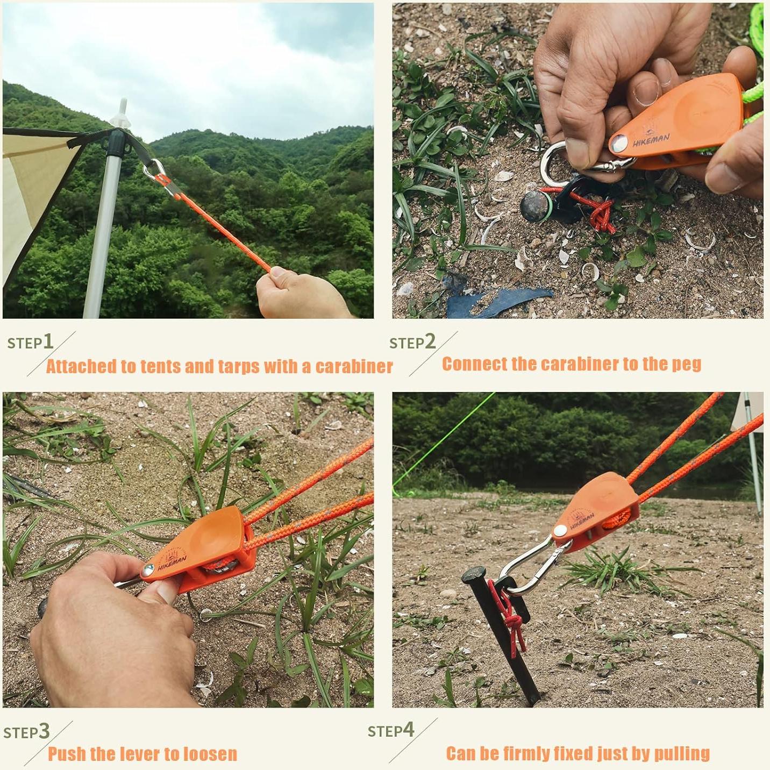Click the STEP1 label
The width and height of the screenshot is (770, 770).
(x=30, y=342)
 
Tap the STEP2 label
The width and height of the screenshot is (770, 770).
(x=412, y=342)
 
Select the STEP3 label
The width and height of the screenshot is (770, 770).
(x=26, y=732)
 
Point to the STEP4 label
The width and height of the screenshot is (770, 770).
(x=391, y=730)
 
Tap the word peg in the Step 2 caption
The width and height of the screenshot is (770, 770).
(x=686, y=365)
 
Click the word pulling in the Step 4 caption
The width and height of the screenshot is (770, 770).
(x=682, y=753)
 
